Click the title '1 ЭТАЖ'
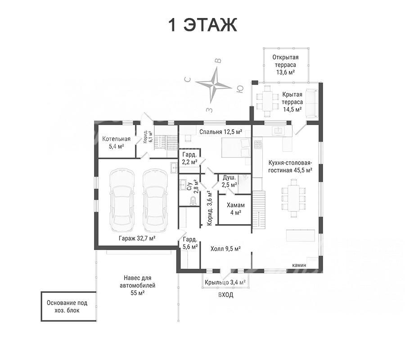click(x=202, y=25)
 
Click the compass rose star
click(x=214, y=85)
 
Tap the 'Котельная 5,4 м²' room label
click(x=116, y=143)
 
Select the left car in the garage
click(x=122, y=200)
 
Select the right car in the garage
click(x=155, y=200)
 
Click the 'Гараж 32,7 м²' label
click(x=137, y=238)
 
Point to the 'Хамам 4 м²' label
click(x=235, y=209)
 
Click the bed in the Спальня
click(x=236, y=147)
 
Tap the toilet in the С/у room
click(x=193, y=201)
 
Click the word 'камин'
click(x=299, y=265)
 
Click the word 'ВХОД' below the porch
click(x=226, y=295)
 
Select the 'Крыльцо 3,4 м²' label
click(x=225, y=282)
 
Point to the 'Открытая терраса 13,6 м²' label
click(x=285, y=65)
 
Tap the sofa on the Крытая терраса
click(x=312, y=103)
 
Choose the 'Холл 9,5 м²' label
click(x=225, y=249)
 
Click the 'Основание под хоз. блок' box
click(x=68, y=306)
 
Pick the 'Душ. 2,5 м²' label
click(x=229, y=181)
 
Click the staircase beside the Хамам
click(x=259, y=209)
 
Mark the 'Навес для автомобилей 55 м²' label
click(x=137, y=285)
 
